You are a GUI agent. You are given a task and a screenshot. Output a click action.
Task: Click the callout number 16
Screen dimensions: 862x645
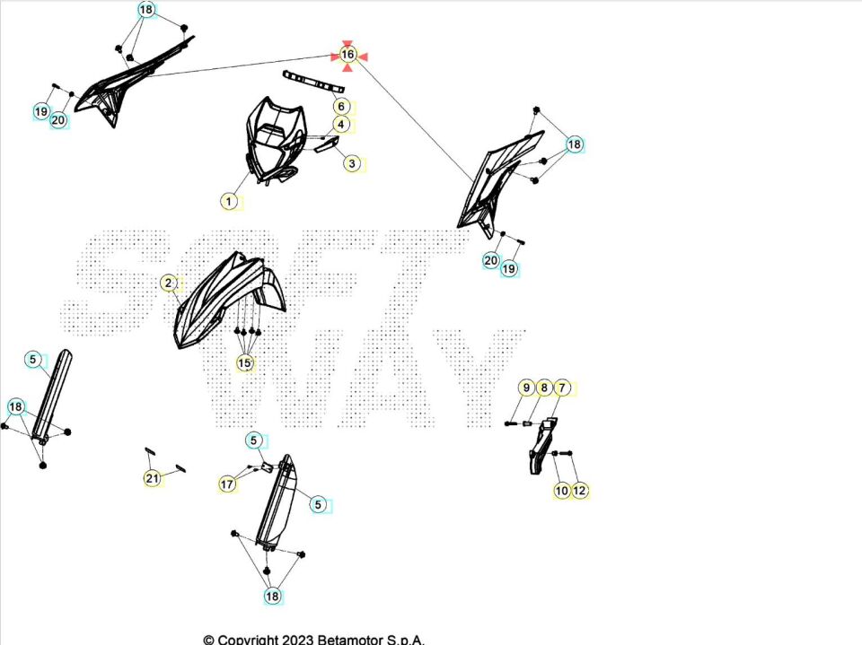347,55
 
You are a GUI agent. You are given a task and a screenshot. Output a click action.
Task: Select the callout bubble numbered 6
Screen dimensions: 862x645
341,106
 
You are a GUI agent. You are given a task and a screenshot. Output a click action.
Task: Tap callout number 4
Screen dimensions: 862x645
341,125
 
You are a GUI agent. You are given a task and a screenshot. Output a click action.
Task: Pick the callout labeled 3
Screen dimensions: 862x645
352,163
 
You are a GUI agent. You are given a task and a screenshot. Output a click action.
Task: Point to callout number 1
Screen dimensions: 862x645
229,201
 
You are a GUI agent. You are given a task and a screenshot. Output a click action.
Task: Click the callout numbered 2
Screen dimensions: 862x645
169,283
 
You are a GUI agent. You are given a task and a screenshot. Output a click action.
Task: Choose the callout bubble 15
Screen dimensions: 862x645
244,362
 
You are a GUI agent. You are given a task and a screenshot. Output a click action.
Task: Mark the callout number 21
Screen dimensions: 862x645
153,478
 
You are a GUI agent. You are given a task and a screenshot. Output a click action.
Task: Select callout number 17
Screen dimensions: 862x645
227,484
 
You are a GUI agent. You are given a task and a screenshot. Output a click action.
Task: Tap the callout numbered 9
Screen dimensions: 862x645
527,388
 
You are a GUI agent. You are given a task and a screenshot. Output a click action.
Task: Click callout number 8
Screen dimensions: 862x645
544,388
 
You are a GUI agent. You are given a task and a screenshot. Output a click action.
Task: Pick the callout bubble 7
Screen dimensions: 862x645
562,388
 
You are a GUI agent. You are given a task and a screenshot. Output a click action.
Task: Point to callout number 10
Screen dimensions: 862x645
562,490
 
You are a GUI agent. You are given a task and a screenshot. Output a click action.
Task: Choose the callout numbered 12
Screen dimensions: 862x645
579,490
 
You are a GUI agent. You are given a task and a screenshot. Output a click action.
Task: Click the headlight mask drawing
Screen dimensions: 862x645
275,140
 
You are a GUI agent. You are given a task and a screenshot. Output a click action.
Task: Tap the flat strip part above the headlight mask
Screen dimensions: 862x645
313,82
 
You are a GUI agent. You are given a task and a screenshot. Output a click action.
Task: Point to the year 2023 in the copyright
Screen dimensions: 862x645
298,640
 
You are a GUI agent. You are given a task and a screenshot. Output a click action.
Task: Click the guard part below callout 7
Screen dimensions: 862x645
541,445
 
